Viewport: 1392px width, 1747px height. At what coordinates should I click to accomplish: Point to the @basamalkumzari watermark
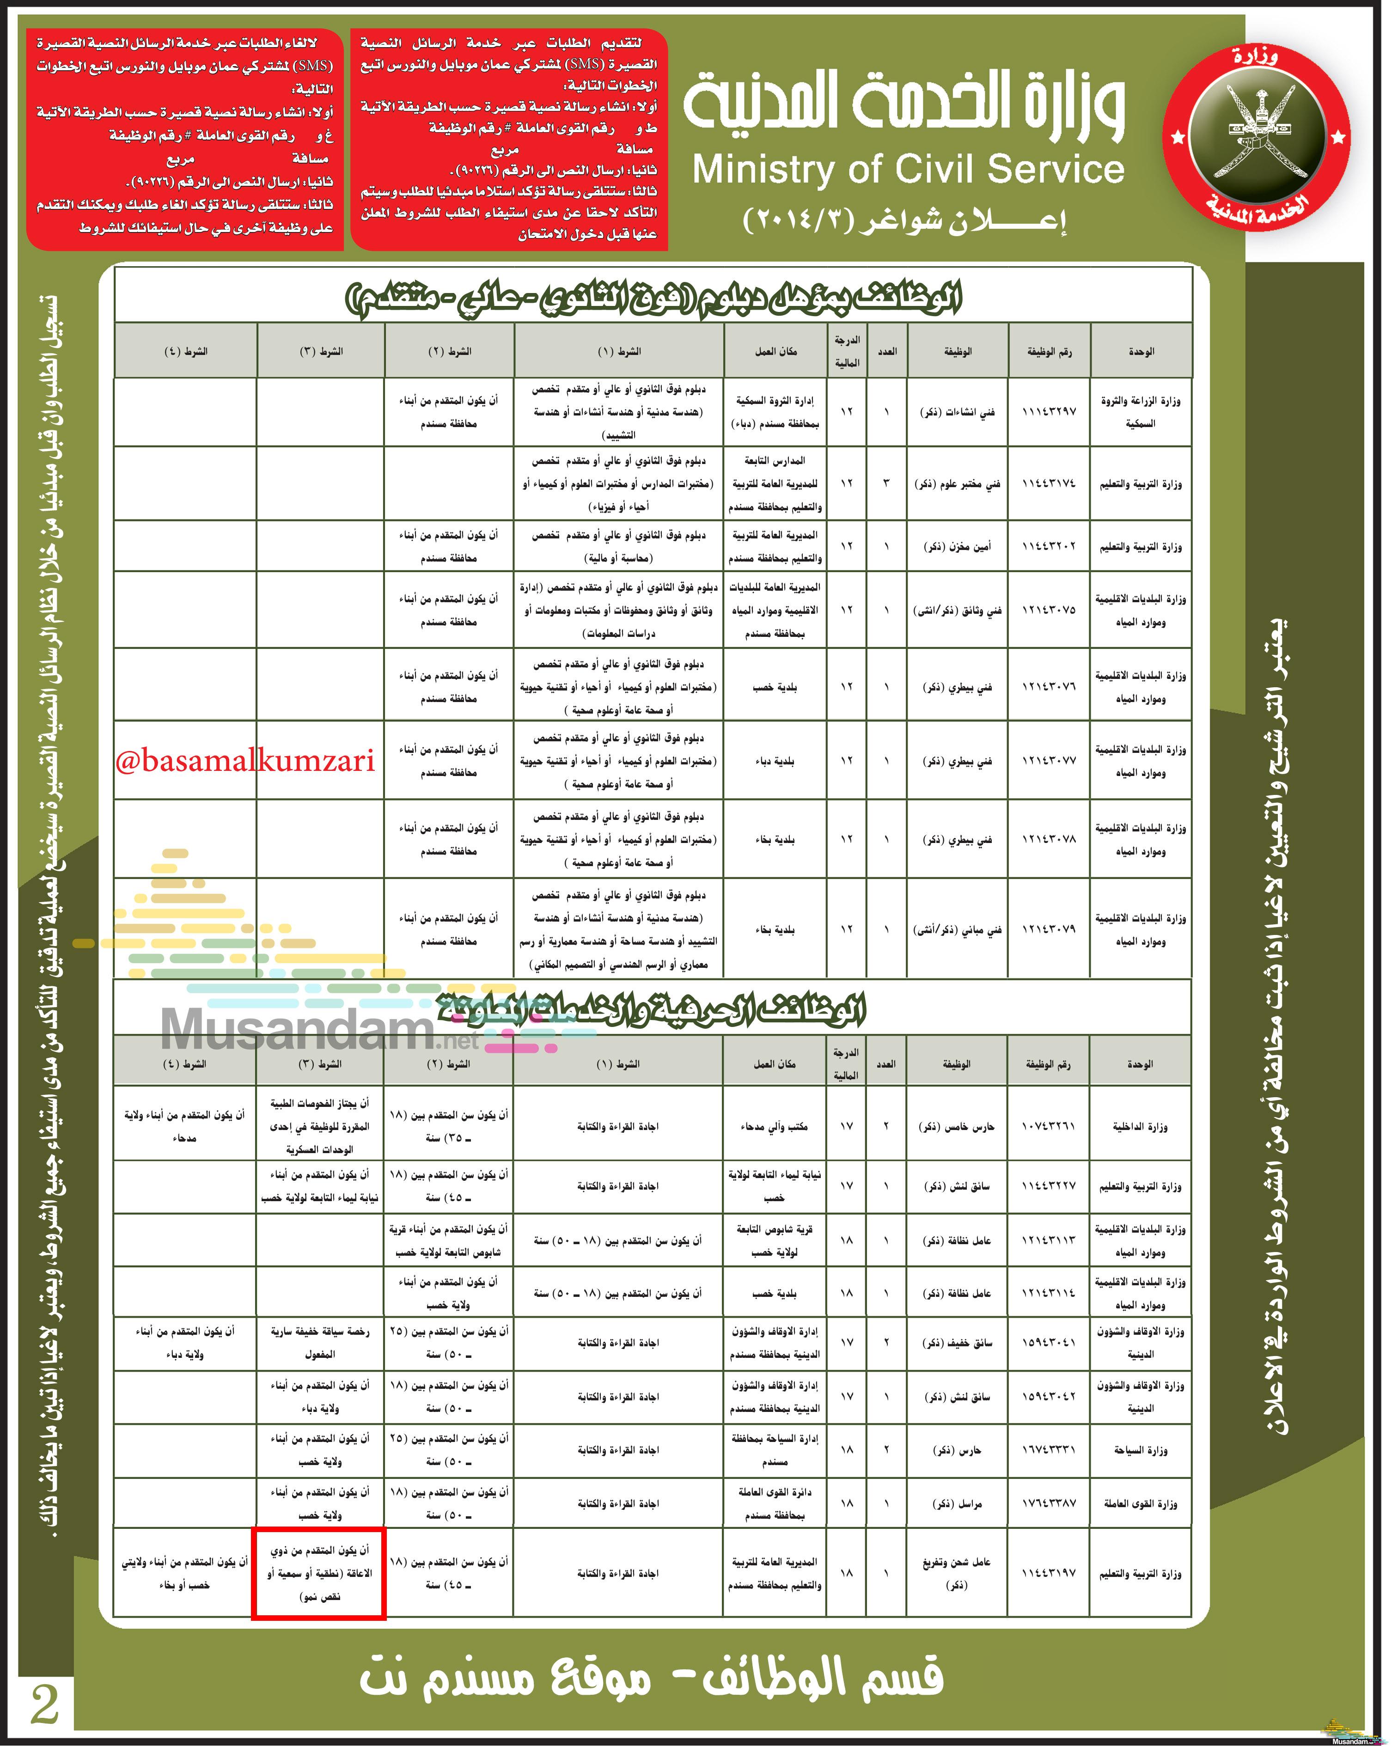pos(244,761)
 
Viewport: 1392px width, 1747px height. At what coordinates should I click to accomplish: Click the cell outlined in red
pos(318,1573)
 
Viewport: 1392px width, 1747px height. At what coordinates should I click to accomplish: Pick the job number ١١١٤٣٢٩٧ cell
pos(1049,412)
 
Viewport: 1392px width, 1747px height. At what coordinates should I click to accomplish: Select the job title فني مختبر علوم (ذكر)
pos(957,484)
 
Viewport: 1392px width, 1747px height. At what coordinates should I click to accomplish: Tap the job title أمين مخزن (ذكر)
pos(957,547)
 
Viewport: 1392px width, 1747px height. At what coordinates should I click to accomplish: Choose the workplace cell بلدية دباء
pos(774,761)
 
